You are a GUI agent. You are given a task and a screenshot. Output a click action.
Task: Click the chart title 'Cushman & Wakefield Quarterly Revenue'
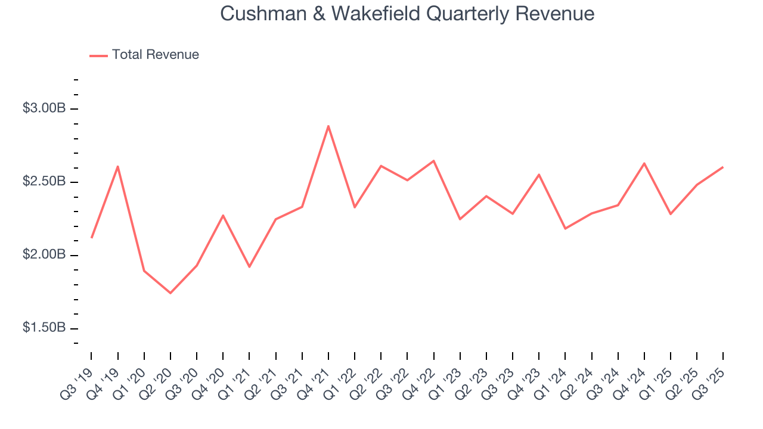[407, 13]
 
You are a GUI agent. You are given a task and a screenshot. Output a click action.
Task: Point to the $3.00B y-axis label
[44, 108]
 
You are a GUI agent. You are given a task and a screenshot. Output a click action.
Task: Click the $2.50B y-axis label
[44, 182]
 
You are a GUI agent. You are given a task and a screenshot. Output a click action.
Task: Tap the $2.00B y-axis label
[44, 255]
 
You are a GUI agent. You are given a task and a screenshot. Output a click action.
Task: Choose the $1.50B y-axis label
[44, 328]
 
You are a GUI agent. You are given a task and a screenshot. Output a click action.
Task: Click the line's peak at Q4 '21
[328, 126]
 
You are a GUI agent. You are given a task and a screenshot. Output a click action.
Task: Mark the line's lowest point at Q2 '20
[170, 293]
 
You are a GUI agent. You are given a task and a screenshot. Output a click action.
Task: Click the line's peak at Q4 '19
[118, 166]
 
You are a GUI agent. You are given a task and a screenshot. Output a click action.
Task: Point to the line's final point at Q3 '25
[722, 167]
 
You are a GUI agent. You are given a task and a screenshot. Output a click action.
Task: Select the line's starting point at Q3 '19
[92, 237]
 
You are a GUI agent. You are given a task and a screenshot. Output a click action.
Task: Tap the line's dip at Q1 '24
[565, 229]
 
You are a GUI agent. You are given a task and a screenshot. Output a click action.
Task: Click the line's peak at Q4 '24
[644, 163]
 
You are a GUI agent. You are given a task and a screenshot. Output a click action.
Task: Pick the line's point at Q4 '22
[433, 161]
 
